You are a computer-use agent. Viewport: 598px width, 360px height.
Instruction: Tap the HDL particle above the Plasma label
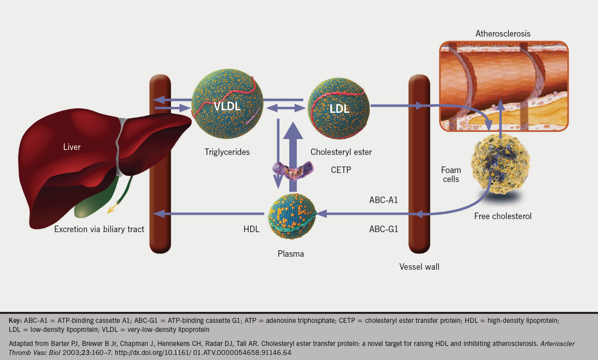click(292, 216)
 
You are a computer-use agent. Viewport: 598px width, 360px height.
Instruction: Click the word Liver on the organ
click(72, 147)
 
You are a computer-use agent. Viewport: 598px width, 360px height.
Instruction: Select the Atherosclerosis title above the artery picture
click(503, 34)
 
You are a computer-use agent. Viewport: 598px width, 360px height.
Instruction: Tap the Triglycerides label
click(227, 151)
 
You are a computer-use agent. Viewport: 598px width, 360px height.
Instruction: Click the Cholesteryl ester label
click(341, 151)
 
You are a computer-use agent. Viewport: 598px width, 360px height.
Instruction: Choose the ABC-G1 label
click(383, 230)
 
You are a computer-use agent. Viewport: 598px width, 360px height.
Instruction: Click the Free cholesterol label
click(503, 217)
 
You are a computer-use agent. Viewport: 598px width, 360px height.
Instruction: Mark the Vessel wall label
click(419, 267)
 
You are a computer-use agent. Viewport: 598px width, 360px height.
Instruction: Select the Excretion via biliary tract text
click(99, 229)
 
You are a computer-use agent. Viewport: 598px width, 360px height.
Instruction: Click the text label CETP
click(341, 170)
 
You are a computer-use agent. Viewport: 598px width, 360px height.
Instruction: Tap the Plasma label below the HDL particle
click(291, 254)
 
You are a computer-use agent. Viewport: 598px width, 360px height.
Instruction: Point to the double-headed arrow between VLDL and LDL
click(284, 108)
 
